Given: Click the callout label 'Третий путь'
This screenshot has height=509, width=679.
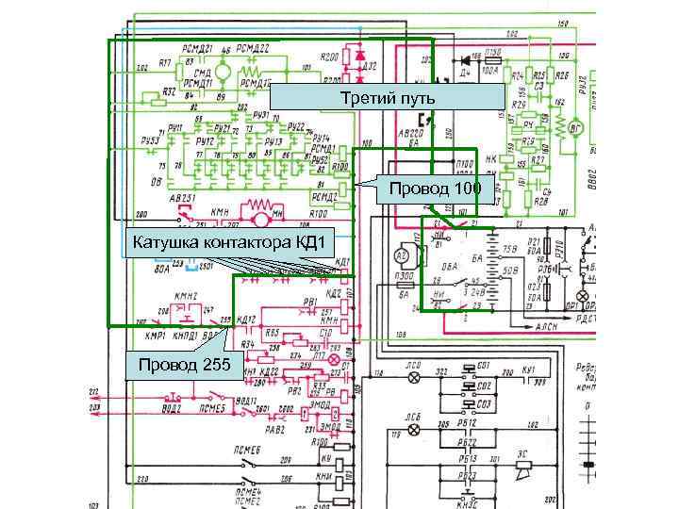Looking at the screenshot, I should tap(388, 98).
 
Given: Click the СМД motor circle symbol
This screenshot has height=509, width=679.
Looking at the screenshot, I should tap(224, 72).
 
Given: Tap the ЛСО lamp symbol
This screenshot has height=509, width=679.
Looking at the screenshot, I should tap(412, 376).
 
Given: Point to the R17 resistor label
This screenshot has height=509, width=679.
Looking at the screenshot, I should tap(165, 63).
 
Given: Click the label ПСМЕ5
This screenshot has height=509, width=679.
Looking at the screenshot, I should tap(211, 406).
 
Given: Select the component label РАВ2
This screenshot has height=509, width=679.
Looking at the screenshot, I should tap(273, 430).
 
